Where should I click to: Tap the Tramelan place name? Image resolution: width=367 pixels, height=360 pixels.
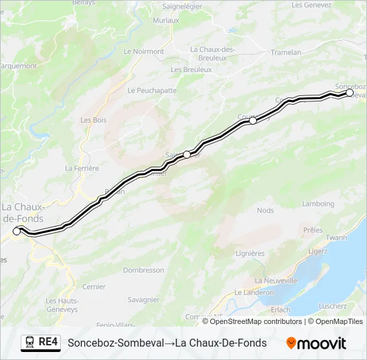tap(288, 52)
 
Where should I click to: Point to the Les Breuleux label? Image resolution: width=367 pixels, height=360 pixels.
tap(191, 69)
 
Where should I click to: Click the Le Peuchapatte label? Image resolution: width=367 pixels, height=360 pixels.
tap(151, 90)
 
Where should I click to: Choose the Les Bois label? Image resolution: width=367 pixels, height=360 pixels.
tap(93, 120)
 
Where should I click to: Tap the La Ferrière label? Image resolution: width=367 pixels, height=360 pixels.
tap(82, 169)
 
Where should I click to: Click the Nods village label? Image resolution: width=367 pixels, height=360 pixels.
tap(265, 211)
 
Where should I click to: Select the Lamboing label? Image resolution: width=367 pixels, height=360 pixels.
tap(317, 204)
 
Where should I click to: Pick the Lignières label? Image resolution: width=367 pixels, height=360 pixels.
tap(250, 253)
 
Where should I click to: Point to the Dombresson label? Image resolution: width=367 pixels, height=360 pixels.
tap(143, 270)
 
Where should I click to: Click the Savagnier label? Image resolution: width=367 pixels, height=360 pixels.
tap(143, 300)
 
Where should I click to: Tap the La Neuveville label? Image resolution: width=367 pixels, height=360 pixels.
tap(276, 281)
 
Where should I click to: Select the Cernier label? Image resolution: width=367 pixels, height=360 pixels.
tap(93, 287)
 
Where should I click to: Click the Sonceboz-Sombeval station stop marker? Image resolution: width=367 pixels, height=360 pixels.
tap(349, 93)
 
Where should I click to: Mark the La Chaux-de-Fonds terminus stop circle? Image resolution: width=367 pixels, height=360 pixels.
tap(17, 232)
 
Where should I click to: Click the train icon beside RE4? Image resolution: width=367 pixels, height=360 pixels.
tap(29, 343)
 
